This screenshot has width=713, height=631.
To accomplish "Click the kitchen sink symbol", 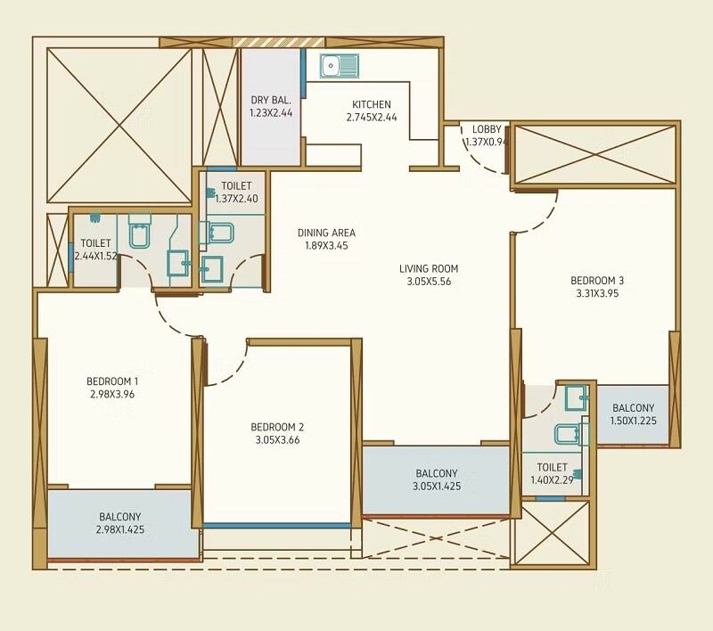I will (340, 65).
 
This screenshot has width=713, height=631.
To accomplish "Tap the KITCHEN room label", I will (371, 104).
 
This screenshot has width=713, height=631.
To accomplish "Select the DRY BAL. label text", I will (271, 100).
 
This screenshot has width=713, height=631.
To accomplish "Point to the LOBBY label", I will (487, 129).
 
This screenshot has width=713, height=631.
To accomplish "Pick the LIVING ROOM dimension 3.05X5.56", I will (429, 282).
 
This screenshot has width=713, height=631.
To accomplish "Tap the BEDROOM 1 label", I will (112, 381).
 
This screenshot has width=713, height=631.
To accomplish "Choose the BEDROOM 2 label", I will (277, 427).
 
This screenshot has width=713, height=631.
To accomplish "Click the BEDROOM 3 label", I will (597, 281).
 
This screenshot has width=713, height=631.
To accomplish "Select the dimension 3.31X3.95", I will (597, 293).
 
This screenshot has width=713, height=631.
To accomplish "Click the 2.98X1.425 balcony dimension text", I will (119, 529).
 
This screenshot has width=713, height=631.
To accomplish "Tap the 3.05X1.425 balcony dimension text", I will (437, 487).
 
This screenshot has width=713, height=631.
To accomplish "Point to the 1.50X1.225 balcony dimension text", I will (633, 421).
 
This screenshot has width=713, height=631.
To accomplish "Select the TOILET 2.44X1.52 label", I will (95, 250).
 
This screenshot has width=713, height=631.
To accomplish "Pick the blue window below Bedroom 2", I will (277, 526).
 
